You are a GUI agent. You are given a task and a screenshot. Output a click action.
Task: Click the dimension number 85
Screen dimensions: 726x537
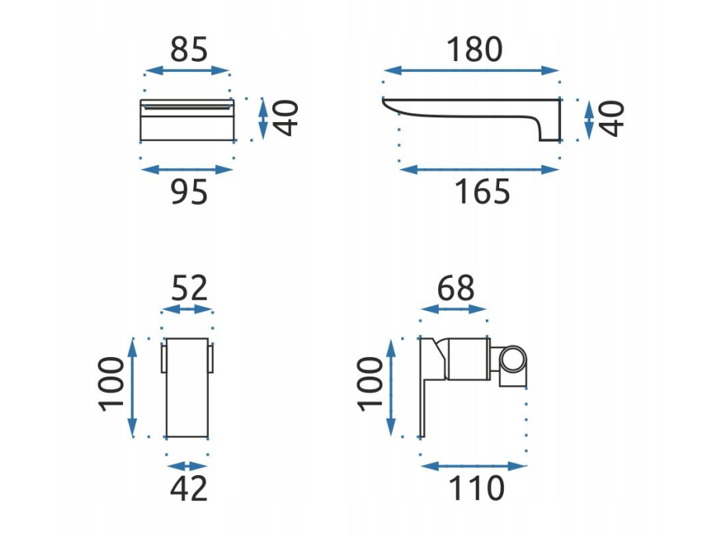click(189, 49)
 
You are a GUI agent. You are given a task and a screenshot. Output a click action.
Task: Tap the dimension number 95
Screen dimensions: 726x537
click(189, 192)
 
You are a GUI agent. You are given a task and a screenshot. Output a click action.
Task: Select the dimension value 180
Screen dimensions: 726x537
click(474, 49)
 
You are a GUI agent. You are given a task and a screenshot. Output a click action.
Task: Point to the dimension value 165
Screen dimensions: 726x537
click(482, 192)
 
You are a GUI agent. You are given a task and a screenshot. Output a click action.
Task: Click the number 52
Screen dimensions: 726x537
click(189, 288)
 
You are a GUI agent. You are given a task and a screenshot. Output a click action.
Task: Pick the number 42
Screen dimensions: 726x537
click(189, 488)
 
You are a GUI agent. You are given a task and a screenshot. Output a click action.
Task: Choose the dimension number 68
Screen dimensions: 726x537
click(456, 288)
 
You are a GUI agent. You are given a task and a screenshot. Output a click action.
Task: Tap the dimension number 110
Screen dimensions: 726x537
click(476, 488)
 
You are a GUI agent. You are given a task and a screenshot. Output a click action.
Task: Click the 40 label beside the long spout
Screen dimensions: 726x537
click(612, 119)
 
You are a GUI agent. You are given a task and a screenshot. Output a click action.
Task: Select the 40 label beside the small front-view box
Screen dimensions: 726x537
click(286, 118)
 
